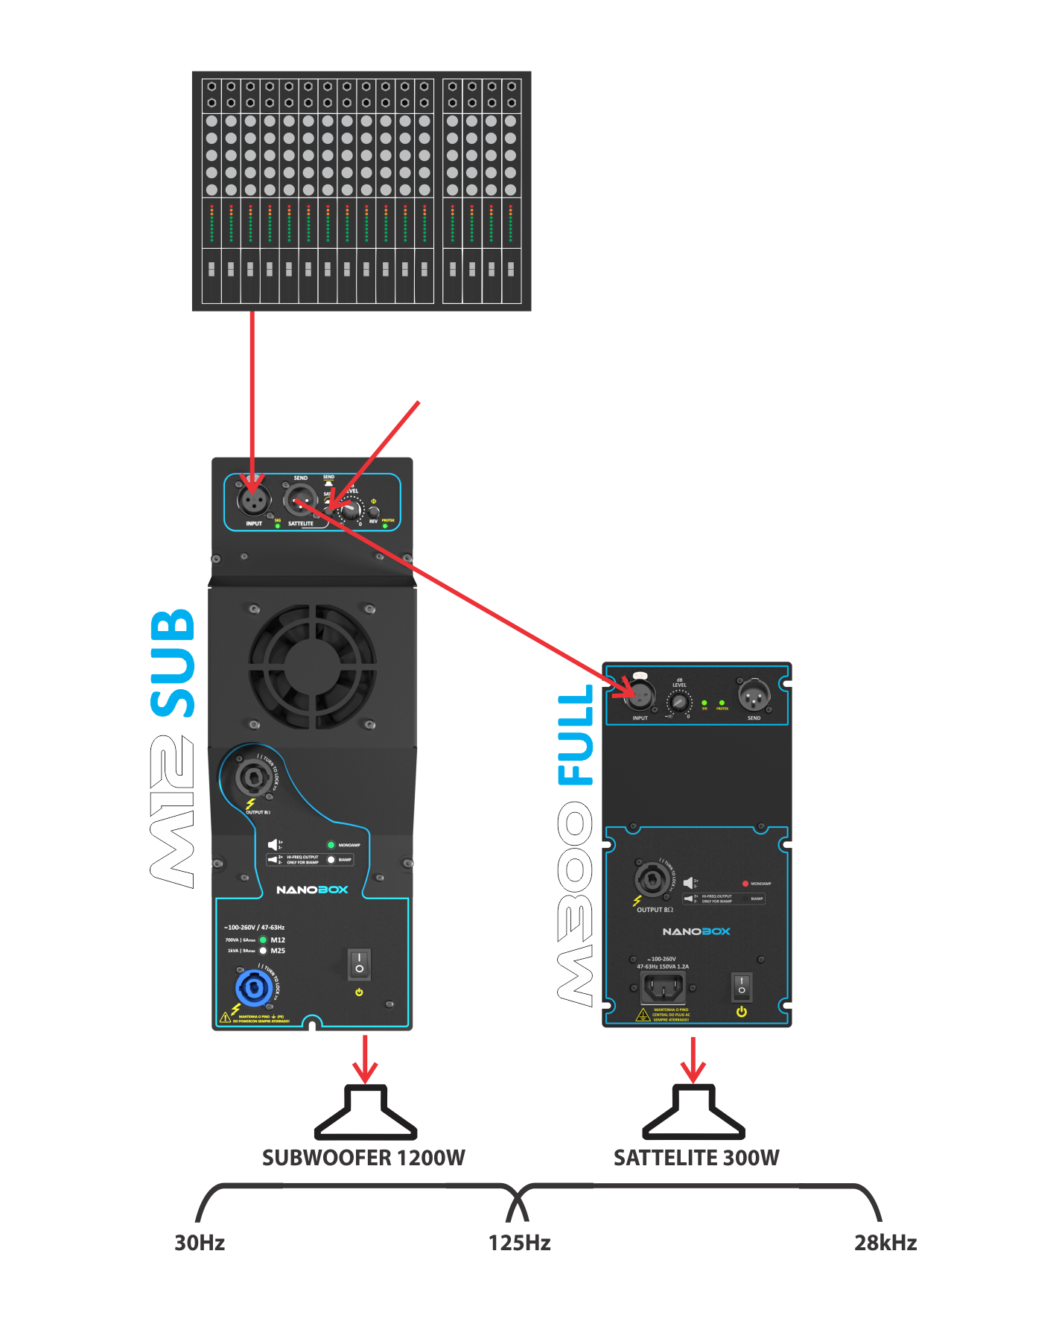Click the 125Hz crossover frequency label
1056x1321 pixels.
tap(519, 1243)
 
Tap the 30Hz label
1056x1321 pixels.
tap(200, 1243)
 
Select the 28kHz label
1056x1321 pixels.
tap(885, 1243)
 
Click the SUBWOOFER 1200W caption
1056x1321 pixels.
tap(363, 1157)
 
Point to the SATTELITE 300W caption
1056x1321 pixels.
tap(696, 1157)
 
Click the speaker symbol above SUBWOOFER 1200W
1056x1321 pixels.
tap(365, 1113)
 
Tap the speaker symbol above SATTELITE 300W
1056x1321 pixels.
tap(693, 1113)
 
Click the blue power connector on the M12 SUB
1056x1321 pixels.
tap(254, 989)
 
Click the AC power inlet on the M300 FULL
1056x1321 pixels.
tap(662, 988)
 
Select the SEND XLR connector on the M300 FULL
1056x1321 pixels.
tap(754, 696)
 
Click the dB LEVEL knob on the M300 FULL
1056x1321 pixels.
tap(678, 702)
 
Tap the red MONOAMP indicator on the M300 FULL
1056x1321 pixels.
tap(745, 884)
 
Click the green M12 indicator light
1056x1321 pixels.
tap(263, 940)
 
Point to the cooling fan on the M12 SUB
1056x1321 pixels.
tap(312, 666)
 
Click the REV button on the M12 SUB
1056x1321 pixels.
tap(374, 512)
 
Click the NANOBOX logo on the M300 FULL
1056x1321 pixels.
tap(696, 931)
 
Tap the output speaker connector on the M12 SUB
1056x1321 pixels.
tap(248, 779)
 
